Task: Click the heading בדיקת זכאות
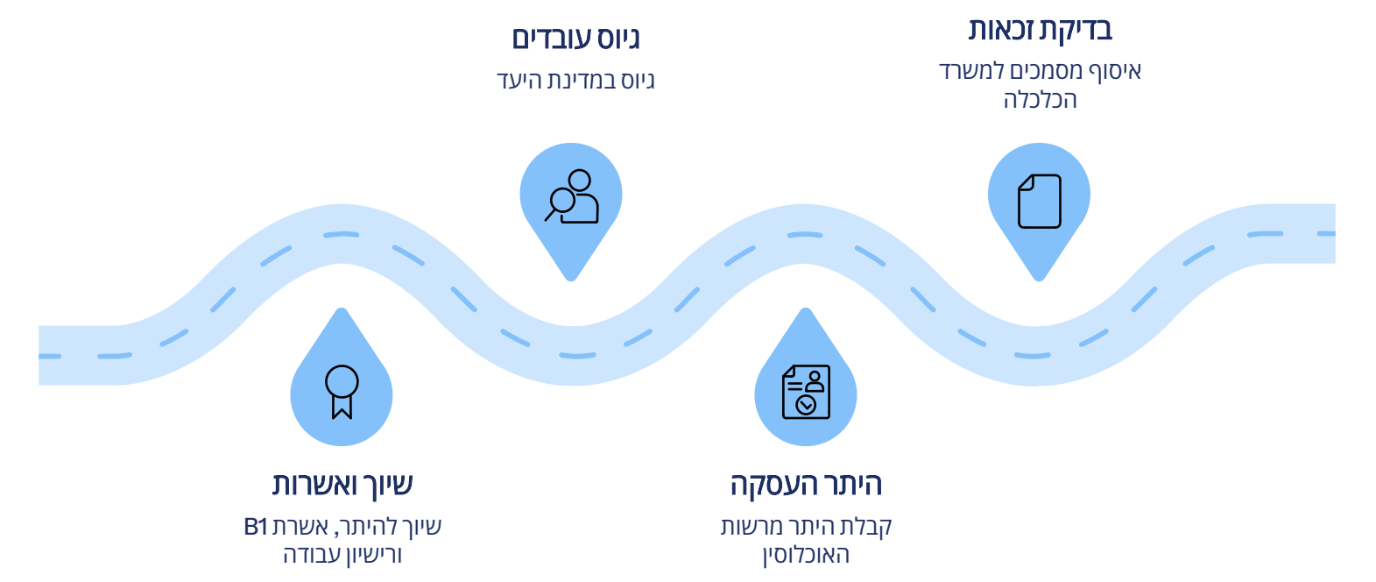pyautogui.click(x=1040, y=30)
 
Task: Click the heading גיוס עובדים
pyautogui.click(x=575, y=39)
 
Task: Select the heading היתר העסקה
pyautogui.click(x=806, y=485)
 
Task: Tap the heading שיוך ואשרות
pyautogui.click(x=342, y=485)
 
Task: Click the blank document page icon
pyautogui.click(x=1039, y=202)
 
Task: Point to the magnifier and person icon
pyautogui.click(x=572, y=196)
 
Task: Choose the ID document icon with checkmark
pyautogui.click(x=806, y=392)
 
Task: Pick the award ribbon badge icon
pyautogui.click(x=342, y=391)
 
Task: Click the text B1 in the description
pyautogui.click(x=256, y=527)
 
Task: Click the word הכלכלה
pyautogui.click(x=1040, y=100)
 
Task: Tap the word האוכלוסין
pyautogui.click(x=806, y=555)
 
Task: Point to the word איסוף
pyautogui.click(x=1114, y=71)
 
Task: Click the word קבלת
pyautogui.click(x=865, y=527)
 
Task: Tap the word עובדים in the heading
pyautogui.click(x=549, y=39)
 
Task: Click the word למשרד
pyautogui.click(x=970, y=71)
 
